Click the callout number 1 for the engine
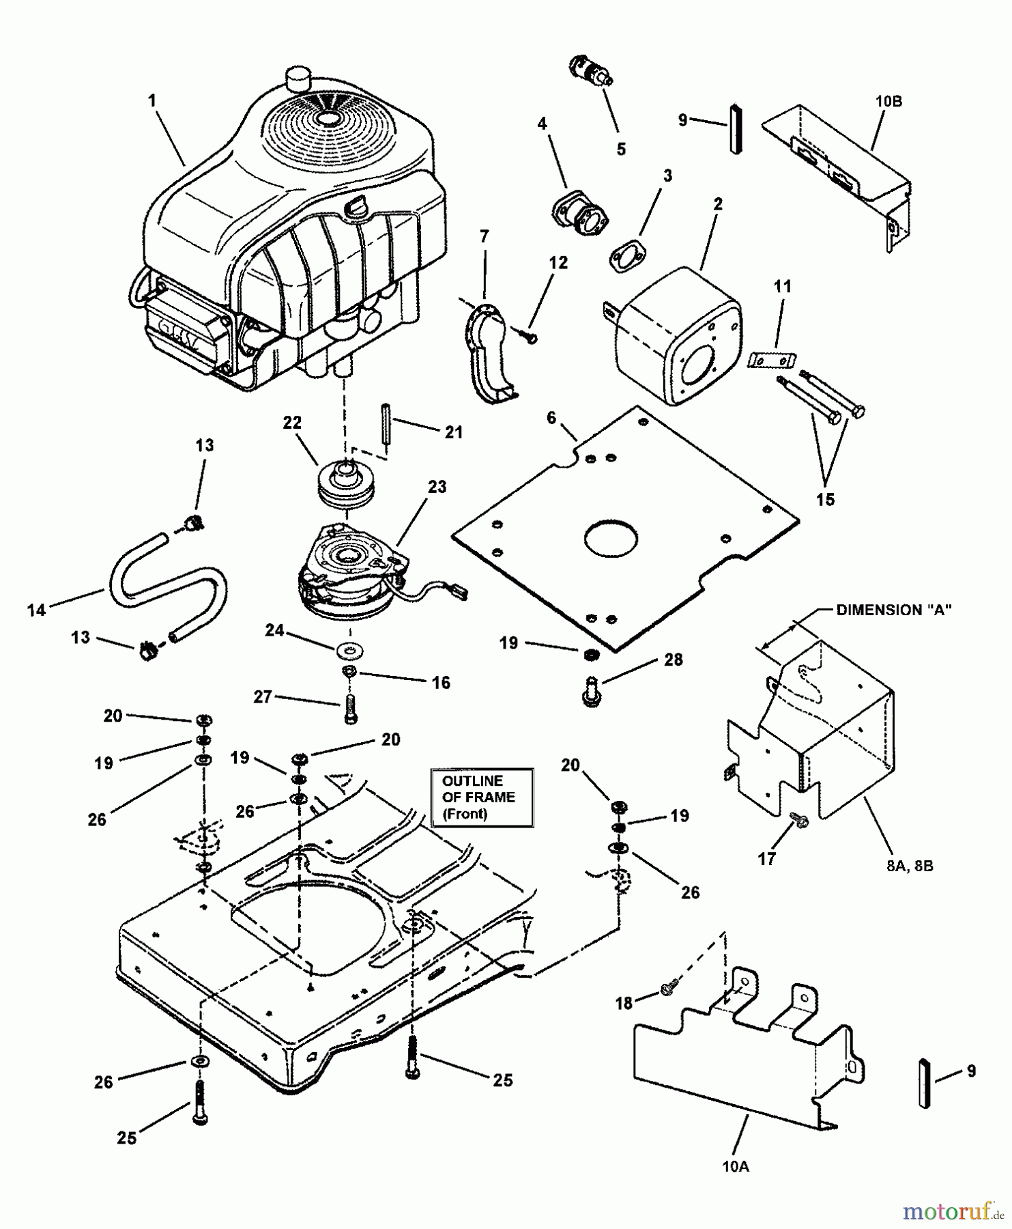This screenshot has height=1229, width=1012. tap(153, 101)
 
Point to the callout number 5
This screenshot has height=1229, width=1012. tap(621, 149)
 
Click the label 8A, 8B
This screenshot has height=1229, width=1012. tap(910, 866)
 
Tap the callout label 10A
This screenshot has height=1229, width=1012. tap(736, 1167)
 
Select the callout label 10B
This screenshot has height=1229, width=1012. tap(888, 102)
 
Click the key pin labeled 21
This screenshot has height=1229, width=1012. tap(386, 425)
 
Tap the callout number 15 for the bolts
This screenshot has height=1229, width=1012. tap(825, 499)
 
